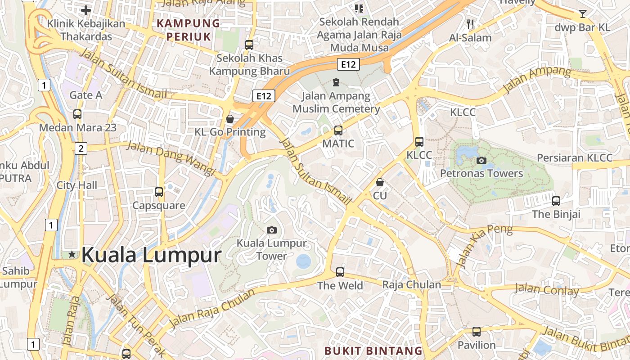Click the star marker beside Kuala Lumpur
tap(72, 255)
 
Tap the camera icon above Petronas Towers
tap(481, 160)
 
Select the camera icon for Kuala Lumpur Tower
tap(271, 230)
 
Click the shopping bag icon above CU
tap(380, 182)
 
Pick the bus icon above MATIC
tap(338, 130)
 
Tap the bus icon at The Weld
tap(340, 272)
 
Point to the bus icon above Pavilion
tap(476, 332)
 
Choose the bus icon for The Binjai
tap(556, 201)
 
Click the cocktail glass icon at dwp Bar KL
tap(583, 14)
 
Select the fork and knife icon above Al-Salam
tap(470, 24)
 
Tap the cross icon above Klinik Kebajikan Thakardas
tap(86, 10)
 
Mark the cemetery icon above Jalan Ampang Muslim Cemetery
tap(336, 82)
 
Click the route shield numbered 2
tap(81, 148)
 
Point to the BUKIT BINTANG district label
tap(373, 351)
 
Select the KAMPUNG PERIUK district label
tap(189, 30)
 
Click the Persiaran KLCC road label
tap(575, 158)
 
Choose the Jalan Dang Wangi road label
tap(171, 158)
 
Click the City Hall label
tap(76, 185)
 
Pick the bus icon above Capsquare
tap(158, 192)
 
